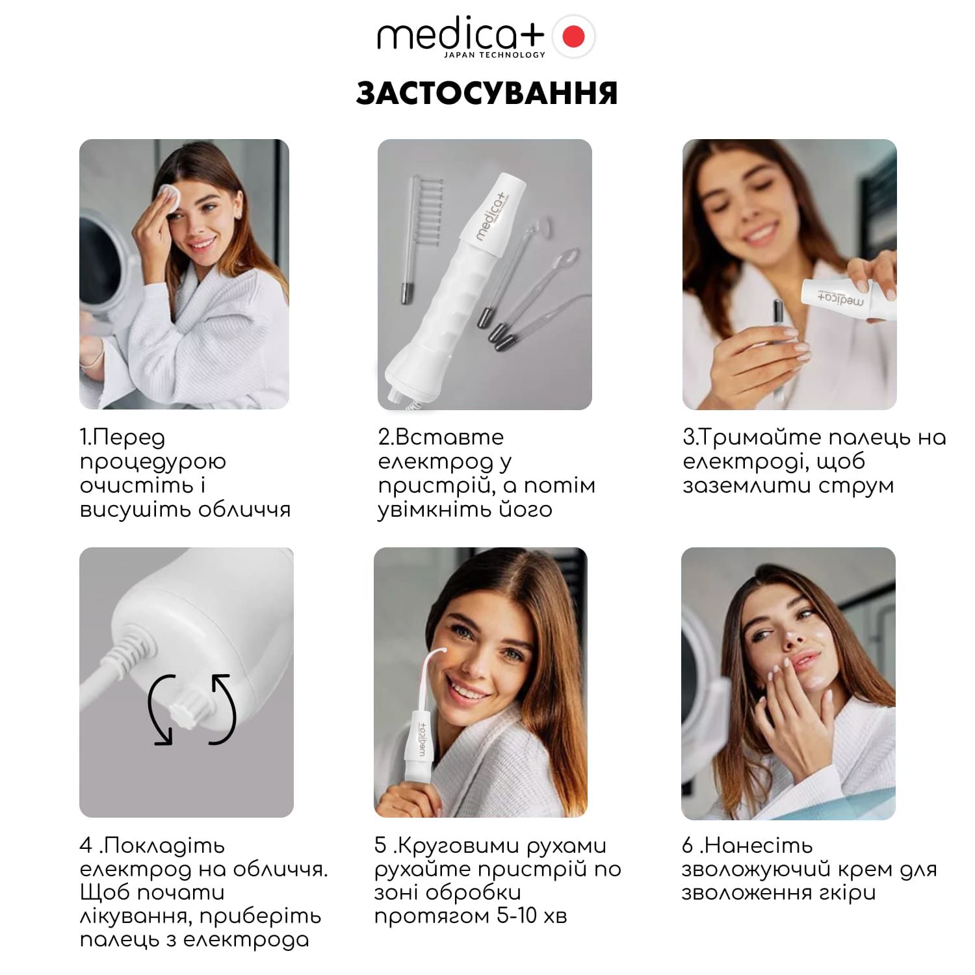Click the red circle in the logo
[x=573, y=37]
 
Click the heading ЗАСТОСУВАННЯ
[x=487, y=93]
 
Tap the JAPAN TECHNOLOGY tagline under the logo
[x=495, y=55]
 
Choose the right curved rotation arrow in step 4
[x=224, y=708]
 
